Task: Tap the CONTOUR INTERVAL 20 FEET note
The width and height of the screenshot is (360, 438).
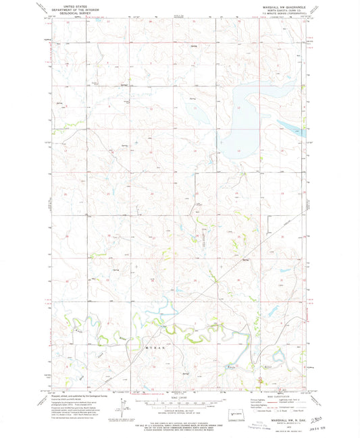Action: [x=179, y=410]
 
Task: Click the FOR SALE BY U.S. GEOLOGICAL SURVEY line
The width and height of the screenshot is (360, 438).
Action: [x=179, y=420]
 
